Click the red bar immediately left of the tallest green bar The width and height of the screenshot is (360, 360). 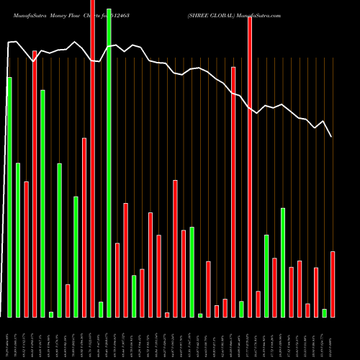[92, 158]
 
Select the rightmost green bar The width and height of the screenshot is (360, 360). [325, 312]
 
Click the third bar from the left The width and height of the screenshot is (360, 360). [26, 249]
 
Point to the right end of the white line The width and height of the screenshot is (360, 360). [332, 136]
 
